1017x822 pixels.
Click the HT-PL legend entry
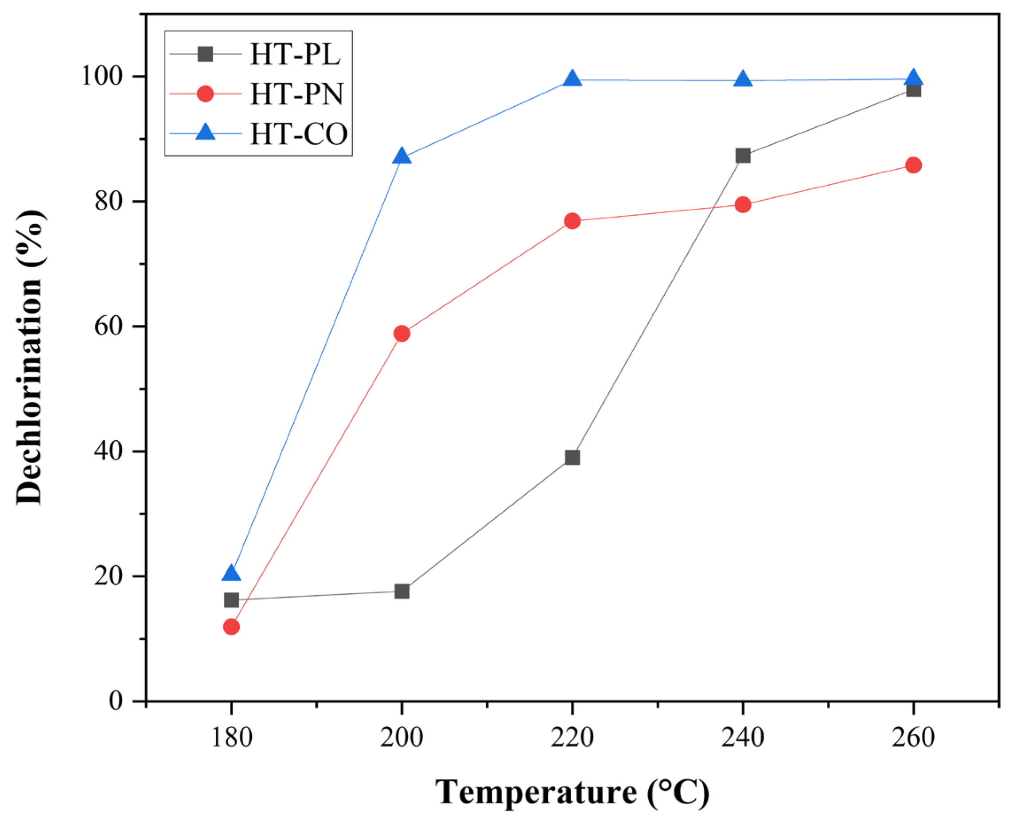[x=295, y=55]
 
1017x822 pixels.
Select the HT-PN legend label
[x=296, y=94]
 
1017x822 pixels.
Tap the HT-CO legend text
[x=299, y=134]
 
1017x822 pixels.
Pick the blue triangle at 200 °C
[x=402, y=156]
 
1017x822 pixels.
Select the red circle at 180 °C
[x=231, y=627]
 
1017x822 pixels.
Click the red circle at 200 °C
[x=402, y=334]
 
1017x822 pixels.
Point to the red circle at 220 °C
[x=573, y=221]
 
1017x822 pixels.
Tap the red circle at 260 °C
[x=913, y=165]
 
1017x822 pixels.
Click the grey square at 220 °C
[x=573, y=457]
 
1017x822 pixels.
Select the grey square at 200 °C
[x=402, y=592]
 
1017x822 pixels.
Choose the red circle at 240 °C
[x=743, y=205]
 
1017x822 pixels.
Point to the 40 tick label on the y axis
[x=109, y=452]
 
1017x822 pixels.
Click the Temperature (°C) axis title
[x=572, y=792]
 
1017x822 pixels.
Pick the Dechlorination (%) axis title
[x=30, y=358]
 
